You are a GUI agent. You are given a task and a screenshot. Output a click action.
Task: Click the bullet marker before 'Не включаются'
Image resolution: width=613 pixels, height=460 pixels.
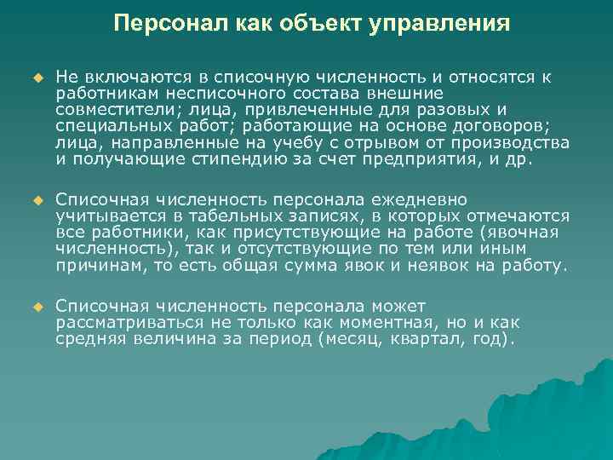point(37,78)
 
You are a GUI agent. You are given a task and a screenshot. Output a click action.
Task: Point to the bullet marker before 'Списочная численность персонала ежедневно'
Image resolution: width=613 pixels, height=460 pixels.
point(37,200)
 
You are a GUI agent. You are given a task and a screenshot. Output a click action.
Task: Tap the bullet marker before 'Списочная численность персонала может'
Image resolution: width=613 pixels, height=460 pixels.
point(37,307)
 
